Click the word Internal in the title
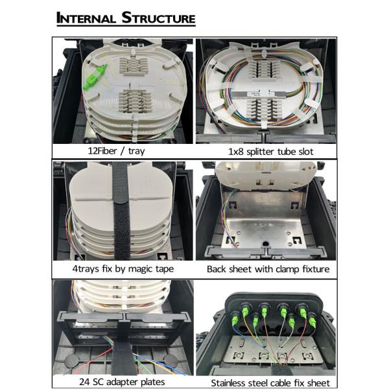pyautogui.click(x=86, y=18)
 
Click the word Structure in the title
pyautogui.click(x=158, y=18)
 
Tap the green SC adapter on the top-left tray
pyautogui.click(x=96, y=74)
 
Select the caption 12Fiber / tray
pyautogui.click(x=116, y=151)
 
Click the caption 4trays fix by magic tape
pyautogui.click(x=123, y=269)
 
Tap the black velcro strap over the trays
pyautogui.click(x=121, y=211)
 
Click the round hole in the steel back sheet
pyautogui.click(x=265, y=244)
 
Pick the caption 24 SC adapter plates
pyautogui.click(x=122, y=382)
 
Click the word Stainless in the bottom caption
pyautogui.click(x=228, y=383)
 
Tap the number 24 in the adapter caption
pyautogui.click(x=84, y=382)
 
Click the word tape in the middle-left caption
pyautogui.click(x=165, y=269)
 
